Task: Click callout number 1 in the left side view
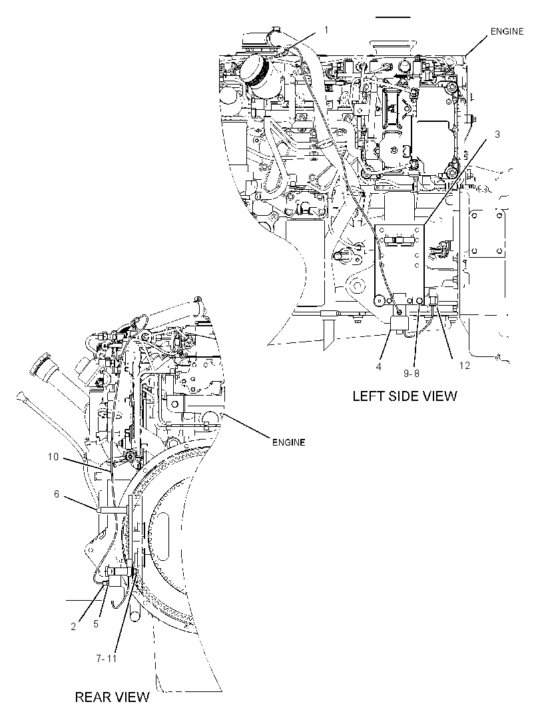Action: click(x=326, y=30)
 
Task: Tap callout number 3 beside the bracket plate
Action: click(x=497, y=135)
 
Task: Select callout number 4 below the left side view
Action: click(x=378, y=367)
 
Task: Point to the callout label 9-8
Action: click(x=411, y=373)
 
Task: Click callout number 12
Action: click(x=465, y=366)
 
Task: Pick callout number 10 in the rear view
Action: click(x=53, y=457)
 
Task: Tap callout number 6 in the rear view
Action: click(x=57, y=494)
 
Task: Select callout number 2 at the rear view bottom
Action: click(x=73, y=627)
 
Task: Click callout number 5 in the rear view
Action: click(x=96, y=623)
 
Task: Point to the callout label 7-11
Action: click(x=107, y=658)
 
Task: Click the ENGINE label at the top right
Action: click(x=507, y=31)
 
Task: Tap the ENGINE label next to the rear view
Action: click(x=288, y=442)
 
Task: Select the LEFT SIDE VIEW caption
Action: click(x=405, y=396)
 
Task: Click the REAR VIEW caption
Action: click(x=112, y=697)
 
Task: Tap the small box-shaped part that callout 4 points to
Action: click(x=400, y=324)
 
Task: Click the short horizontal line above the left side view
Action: click(x=393, y=17)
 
